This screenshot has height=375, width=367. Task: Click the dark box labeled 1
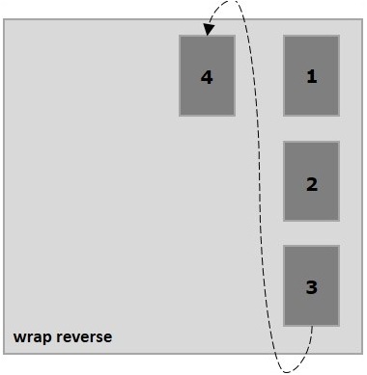tap(311, 76)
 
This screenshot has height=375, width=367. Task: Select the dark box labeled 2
tap(311, 181)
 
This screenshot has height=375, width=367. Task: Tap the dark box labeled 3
tap(311, 285)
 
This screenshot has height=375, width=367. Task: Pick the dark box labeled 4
tap(207, 76)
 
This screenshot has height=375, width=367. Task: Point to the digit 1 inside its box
tap(311, 77)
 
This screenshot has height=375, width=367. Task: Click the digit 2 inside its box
tap(311, 183)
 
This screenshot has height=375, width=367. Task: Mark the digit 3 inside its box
tap(311, 287)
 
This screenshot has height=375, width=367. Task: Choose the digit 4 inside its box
tap(206, 77)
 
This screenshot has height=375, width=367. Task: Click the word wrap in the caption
tap(32, 337)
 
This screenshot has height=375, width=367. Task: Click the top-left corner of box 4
tap(180, 37)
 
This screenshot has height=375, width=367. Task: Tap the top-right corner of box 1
tap(339, 37)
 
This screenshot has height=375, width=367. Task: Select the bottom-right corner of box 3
tap(339, 326)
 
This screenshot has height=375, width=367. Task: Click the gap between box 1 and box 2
tap(311, 129)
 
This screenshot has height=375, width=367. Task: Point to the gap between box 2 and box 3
tap(311, 233)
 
